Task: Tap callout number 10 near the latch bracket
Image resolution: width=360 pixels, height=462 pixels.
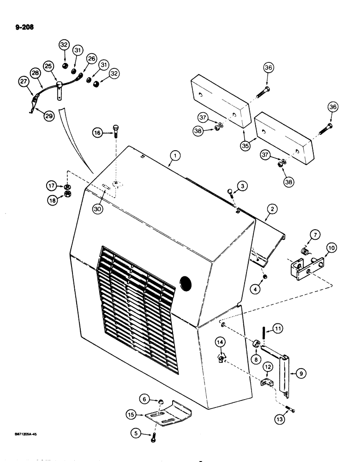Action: [331, 248]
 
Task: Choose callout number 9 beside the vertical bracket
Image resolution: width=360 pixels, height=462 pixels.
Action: [301, 374]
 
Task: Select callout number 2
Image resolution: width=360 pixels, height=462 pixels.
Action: [273, 210]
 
